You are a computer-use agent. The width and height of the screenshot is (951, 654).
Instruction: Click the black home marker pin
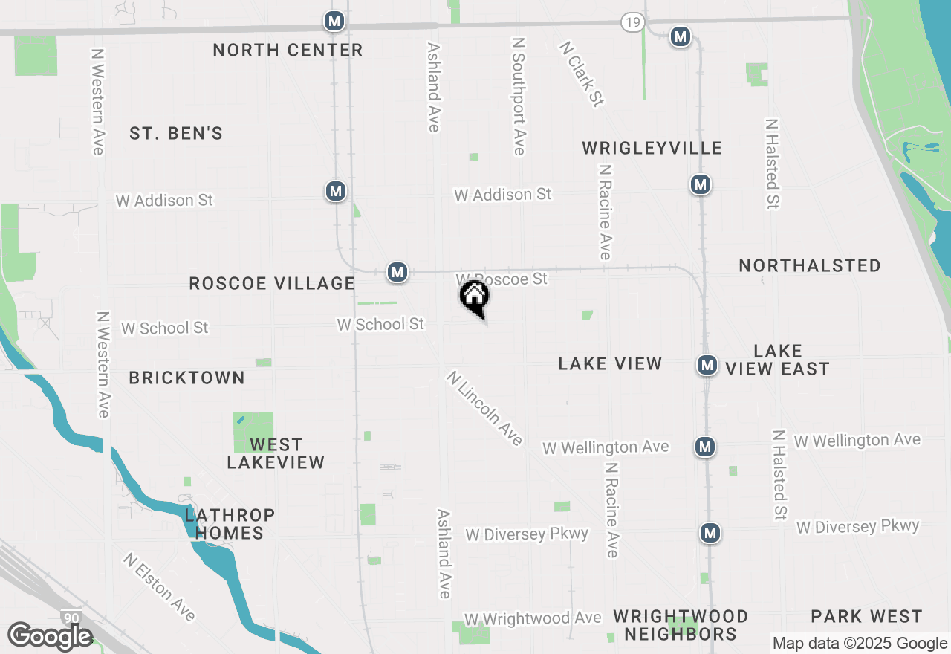tap(475, 297)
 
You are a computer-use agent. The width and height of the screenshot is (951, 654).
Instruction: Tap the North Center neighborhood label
tap(288, 51)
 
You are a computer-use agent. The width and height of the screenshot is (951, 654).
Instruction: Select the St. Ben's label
tap(176, 134)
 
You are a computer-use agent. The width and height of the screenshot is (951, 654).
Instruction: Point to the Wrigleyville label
tap(652, 149)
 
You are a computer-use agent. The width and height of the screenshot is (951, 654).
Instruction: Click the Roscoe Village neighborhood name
tap(272, 284)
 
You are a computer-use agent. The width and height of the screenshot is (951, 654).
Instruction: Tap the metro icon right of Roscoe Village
tap(397, 272)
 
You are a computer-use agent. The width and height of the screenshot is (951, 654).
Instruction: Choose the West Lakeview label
tap(276, 453)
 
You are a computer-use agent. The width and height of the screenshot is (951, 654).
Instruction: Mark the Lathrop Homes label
tap(230, 524)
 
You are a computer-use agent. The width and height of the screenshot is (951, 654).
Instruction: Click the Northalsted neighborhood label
tap(810, 266)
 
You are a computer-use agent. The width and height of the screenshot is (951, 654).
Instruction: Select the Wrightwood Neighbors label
tap(681, 625)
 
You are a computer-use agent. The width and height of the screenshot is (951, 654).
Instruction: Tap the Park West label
tap(866, 617)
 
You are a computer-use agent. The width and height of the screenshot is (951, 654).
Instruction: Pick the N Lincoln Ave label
tap(485, 409)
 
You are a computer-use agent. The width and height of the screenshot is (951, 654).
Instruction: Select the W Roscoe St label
tap(503, 279)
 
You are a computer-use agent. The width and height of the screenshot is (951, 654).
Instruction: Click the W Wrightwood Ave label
tap(533, 619)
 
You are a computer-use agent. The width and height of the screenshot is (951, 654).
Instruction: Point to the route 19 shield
tap(632, 23)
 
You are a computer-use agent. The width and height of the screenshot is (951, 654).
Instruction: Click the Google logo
tap(50, 636)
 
